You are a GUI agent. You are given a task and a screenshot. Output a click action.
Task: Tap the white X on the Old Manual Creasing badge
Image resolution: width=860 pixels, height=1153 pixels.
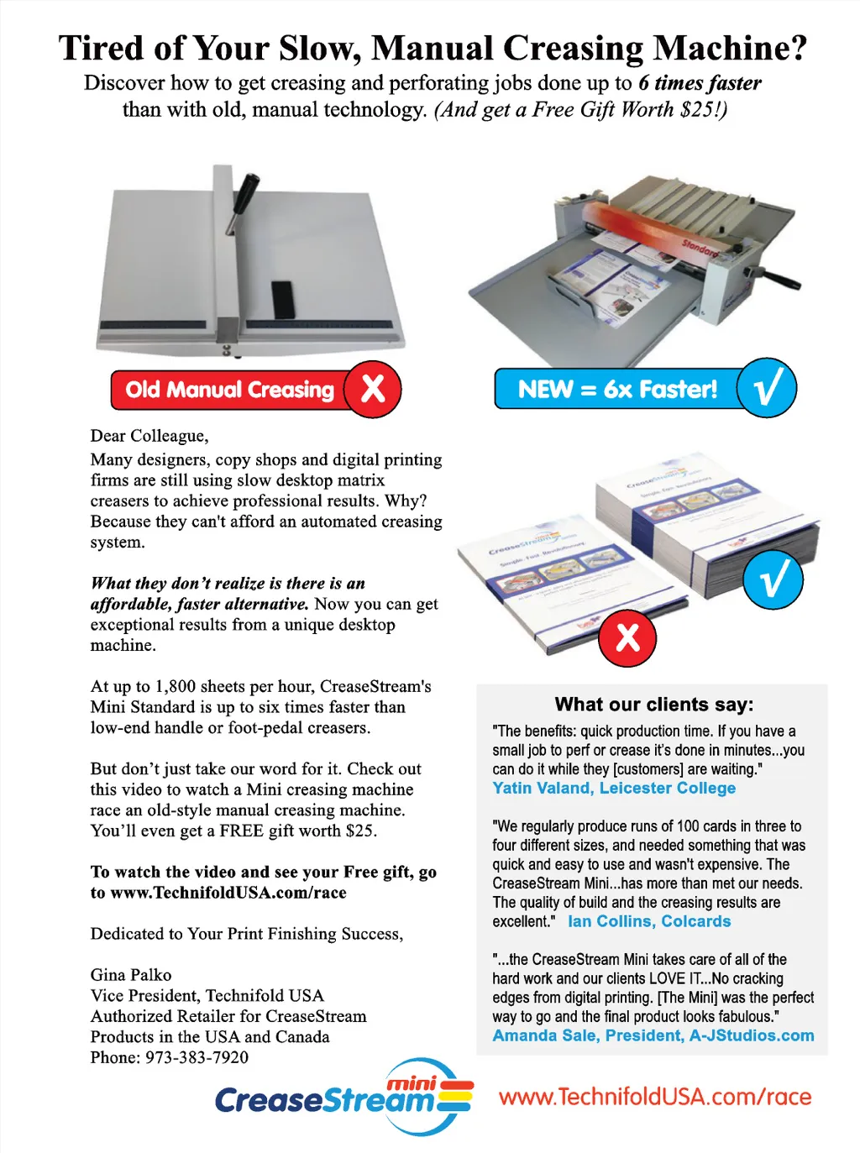pos(373,389)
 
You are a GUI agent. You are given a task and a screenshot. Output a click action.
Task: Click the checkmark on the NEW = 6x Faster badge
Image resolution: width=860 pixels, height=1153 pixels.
pos(767,388)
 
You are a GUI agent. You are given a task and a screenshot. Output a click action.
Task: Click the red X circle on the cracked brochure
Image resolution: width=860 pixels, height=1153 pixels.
pos(627,638)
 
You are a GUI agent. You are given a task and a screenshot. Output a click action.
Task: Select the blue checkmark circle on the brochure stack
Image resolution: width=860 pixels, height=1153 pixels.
pos(773,579)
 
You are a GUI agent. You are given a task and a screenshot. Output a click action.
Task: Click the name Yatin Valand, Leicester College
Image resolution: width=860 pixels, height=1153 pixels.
pos(614,789)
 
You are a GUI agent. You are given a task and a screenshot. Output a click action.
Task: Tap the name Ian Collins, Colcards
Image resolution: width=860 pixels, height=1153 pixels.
pos(649,921)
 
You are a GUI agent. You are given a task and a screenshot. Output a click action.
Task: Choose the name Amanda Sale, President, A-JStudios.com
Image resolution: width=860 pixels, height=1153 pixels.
pos(653,1035)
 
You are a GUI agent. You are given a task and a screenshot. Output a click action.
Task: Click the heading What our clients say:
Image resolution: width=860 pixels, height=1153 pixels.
pos(653,705)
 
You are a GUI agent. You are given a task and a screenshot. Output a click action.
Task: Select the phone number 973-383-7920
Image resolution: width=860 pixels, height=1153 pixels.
pos(197,1057)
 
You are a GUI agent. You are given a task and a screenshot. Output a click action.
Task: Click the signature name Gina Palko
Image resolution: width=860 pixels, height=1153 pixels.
pos(131,975)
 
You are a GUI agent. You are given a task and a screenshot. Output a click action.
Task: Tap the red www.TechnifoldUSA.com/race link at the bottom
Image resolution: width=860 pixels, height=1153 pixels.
pos(654,1097)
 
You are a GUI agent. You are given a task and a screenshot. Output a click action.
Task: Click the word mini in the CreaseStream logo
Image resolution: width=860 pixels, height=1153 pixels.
pos(411,1084)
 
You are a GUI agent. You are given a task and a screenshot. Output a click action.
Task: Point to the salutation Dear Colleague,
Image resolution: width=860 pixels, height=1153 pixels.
pos(149,436)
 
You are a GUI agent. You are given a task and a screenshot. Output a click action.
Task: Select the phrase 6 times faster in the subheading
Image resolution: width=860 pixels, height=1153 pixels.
pos(700,83)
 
